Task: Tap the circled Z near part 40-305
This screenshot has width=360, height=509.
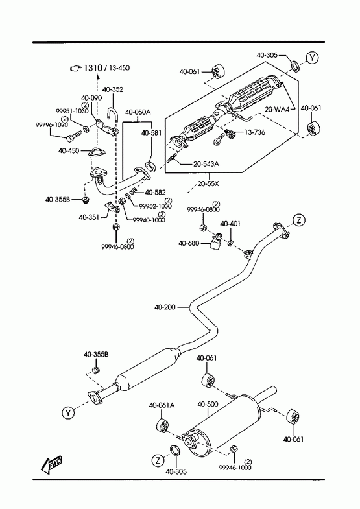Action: pos(158,460)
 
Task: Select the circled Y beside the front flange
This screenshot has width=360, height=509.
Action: pos(68,412)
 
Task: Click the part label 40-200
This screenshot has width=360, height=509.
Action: pos(165,307)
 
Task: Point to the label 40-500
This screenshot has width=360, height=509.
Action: pos(208,404)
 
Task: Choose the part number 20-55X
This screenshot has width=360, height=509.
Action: pos(208,183)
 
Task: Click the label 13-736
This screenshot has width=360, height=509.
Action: pos(254,132)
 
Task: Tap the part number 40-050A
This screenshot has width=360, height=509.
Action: pos(138,112)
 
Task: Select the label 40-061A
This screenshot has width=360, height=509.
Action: pos(162,405)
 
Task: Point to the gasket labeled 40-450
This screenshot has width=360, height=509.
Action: pos(96,152)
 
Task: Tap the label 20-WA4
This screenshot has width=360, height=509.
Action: pos(277,110)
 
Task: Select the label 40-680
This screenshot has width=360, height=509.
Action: pos(189,243)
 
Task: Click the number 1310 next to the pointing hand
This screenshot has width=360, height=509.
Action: pos(93,68)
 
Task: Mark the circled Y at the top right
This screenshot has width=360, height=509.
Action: pos(312,58)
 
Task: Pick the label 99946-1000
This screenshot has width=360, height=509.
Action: pos(235,468)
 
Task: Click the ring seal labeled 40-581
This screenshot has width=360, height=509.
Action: pos(150,167)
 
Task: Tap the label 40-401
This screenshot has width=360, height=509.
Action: pos(230,224)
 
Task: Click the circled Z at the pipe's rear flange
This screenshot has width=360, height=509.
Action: pos(299,220)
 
